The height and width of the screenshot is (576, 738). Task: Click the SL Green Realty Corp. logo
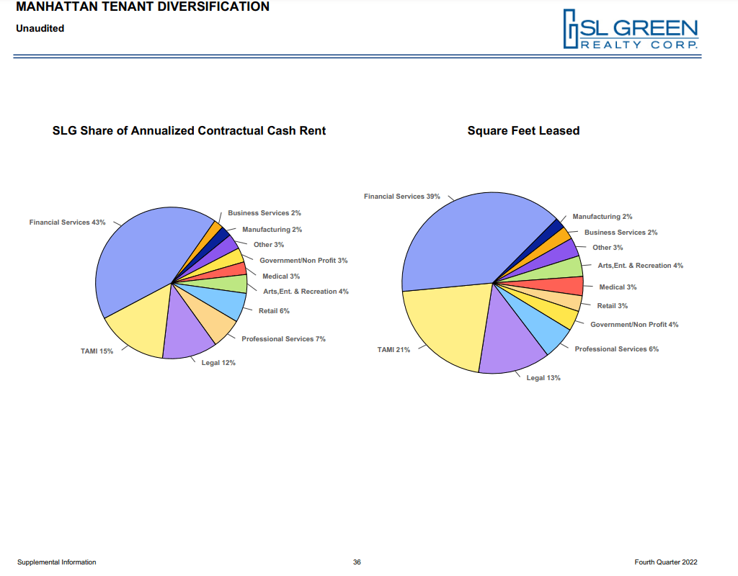[631, 30]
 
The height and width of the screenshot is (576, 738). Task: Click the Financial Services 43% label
[67, 222]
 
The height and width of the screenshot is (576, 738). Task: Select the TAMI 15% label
[97, 351]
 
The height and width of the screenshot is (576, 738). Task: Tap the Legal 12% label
[218, 363]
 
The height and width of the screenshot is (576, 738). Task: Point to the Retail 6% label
[274, 311]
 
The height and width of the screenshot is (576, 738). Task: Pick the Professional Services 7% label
[283, 339]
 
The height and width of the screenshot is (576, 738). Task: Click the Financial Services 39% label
[401, 197]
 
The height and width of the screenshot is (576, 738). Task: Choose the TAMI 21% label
[394, 350]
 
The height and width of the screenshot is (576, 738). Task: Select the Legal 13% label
[543, 378]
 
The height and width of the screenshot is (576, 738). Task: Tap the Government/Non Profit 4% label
[634, 325]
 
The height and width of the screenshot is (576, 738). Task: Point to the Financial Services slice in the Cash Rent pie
[137, 259]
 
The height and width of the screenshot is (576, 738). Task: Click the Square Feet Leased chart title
[523, 131]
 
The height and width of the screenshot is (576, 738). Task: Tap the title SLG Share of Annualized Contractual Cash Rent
[189, 131]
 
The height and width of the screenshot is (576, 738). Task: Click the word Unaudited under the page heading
[40, 29]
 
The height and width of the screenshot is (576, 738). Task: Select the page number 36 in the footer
[357, 562]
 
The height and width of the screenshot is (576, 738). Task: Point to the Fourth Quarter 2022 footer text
[666, 562]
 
